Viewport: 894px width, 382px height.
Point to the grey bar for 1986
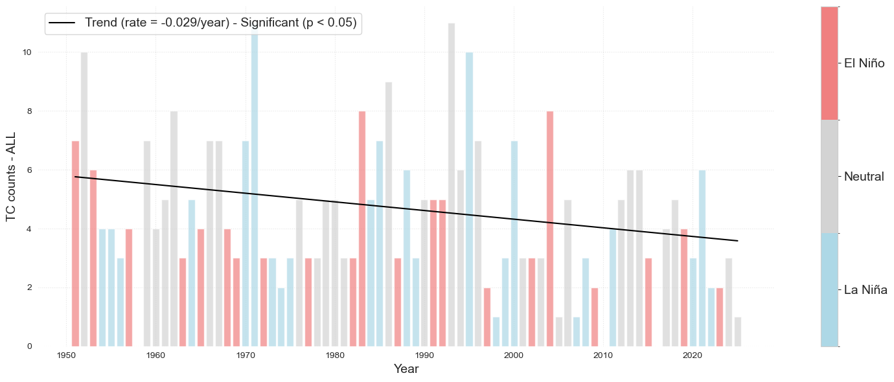point(389,214)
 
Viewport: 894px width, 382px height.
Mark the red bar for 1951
point(75,243)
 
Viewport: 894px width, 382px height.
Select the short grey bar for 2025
point(738,331)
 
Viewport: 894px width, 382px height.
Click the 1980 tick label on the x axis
point(335,355)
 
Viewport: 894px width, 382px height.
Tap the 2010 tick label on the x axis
point(603,355)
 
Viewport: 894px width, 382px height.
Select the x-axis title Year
point(406,370)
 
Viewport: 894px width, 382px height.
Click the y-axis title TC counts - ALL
point(11,176)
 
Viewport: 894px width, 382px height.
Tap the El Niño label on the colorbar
point(864,63)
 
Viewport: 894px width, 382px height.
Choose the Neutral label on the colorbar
point(864,177)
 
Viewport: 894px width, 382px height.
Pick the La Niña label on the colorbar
point(865,290)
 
